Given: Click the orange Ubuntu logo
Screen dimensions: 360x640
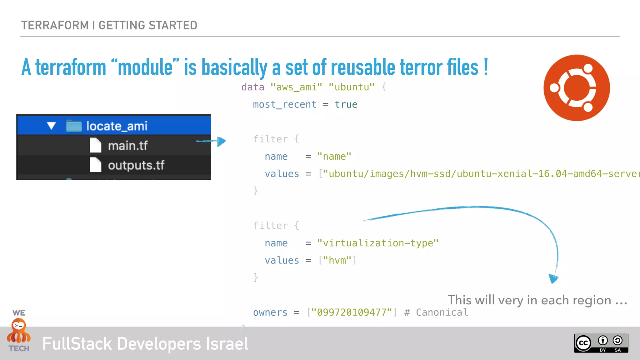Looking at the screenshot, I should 577,88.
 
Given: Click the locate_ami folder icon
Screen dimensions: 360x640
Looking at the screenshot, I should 74,126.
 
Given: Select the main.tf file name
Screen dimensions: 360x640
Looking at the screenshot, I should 128,146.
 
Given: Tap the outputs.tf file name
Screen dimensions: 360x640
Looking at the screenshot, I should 136,165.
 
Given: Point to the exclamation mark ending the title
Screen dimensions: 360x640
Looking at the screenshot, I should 486,67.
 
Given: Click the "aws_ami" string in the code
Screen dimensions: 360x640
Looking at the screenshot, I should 296,87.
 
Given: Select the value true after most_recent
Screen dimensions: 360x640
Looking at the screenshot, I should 346,104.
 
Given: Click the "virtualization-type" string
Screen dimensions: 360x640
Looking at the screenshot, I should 377,243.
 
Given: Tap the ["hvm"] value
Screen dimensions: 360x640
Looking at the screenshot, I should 337,260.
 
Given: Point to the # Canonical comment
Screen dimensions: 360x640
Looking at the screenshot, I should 436,312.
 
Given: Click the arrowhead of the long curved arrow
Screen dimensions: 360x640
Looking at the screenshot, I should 553,278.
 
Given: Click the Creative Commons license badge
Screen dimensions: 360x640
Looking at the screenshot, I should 601,343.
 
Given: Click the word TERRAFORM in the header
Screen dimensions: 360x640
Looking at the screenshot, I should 55,25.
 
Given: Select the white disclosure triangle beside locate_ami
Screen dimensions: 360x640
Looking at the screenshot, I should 51,126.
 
